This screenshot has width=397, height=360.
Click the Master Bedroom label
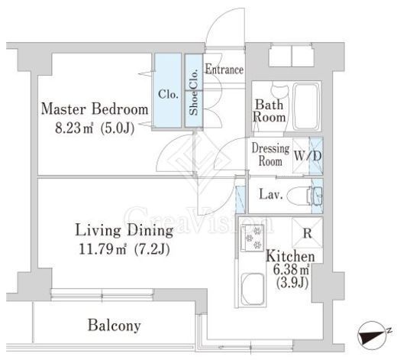click(x=95, y=109)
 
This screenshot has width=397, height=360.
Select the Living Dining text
click(x=124, y=231)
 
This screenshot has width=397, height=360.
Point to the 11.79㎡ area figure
click(x=102, y=249)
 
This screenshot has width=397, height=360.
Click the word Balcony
click(x=115, y=326)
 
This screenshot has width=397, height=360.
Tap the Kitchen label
click(x=290, y=256)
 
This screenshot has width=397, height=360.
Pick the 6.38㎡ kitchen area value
click(x=292, y=269)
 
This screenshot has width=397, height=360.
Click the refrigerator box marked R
click(x=308, y=232)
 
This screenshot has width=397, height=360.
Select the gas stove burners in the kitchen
click(x=253, y=238)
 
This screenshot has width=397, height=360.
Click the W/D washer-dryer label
click(x=308, y=156)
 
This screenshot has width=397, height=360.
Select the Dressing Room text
click(x=270, y=154)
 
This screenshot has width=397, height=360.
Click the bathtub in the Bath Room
click(x=306, y=106)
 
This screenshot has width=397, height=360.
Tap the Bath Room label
click(x=269, y=111)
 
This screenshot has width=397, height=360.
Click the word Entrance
click(x=224, y=70)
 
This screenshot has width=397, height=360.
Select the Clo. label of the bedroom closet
click(x=168, y=94)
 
